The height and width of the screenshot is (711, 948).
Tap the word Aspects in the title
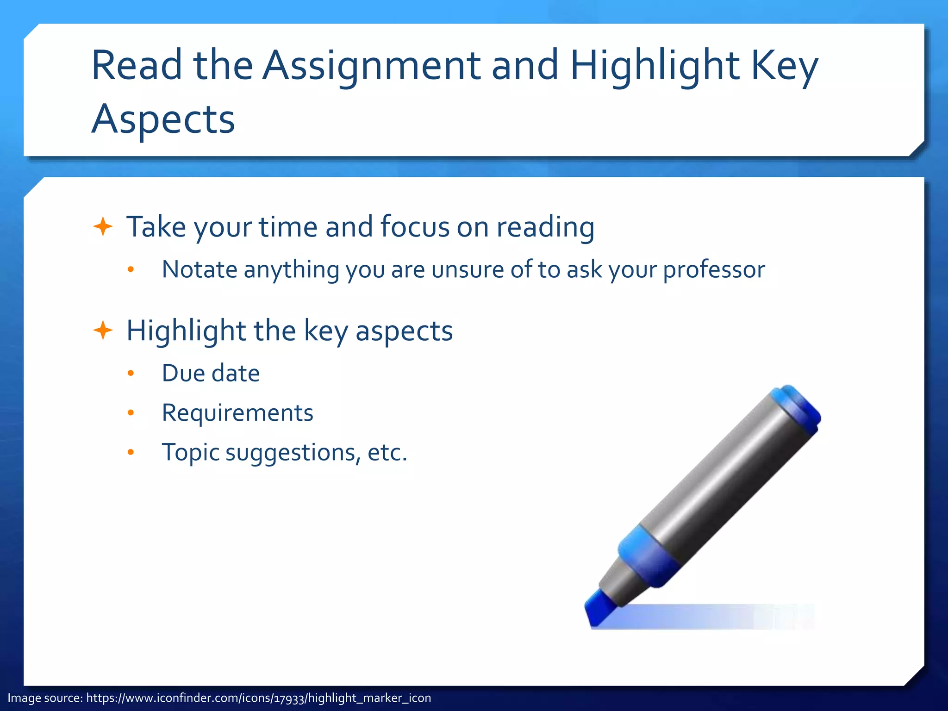click(163, 119)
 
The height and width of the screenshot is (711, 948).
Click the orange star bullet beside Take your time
click(103, 227)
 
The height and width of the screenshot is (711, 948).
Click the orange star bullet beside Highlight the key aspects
click(103, 331)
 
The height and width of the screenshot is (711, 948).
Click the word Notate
click(199, 269)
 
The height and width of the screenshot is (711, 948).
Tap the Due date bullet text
click(211, 373)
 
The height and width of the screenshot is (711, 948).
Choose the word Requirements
click(237, 413)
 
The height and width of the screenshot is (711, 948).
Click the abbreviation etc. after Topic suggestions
click(387, 453)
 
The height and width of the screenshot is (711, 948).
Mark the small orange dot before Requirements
click(131, 413)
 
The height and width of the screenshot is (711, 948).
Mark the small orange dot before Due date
click(131, 373)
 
